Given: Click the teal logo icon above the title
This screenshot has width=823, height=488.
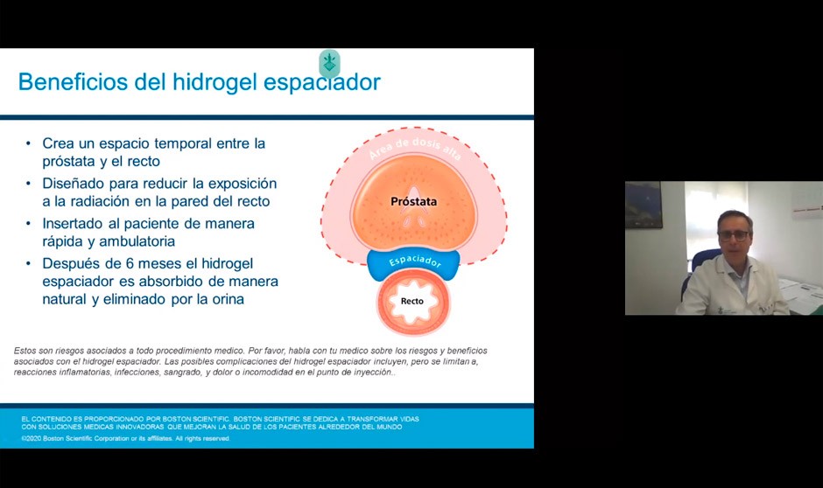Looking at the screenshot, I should (329, 63).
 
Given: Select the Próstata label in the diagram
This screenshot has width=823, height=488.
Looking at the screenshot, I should (413, 202).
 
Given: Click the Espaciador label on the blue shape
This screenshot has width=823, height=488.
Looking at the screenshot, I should (412, 261).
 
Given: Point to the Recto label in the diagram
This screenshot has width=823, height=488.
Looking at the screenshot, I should (411, 301).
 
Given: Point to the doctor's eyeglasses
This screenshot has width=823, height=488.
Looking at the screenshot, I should (734, 234).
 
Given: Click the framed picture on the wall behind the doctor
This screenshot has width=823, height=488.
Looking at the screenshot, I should (644, 206).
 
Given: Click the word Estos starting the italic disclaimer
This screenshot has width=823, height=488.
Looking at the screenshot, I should (26, 351).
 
